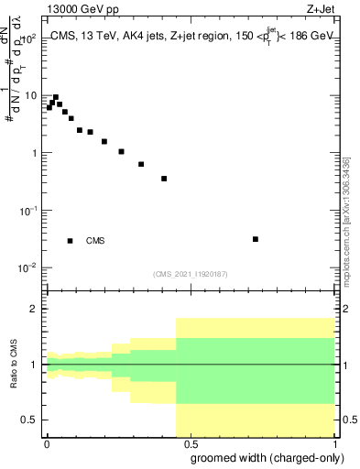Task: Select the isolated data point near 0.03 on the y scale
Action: tap(256, 239)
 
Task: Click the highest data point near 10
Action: tap(56, 97)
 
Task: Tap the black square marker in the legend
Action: tap(70, 241)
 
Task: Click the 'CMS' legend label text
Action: tap(95, 241)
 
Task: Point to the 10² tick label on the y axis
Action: tap(30, 38)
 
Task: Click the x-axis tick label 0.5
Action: tap(191, 442)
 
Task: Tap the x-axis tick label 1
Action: tap(336, 442)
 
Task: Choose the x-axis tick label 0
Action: tap(47, 442)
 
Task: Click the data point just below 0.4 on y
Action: tap(164, 179)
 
